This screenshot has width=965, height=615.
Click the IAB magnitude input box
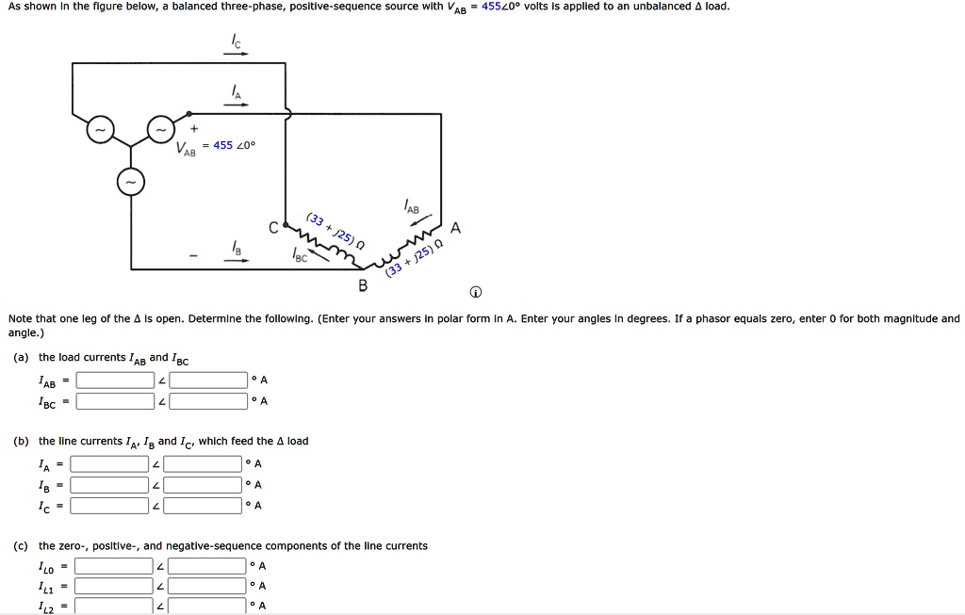(115, 380)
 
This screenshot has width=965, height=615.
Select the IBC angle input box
(208, 402)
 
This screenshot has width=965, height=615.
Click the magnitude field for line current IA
(109, 463)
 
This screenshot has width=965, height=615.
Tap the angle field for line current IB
(203, 485)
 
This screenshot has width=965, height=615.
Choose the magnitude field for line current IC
(109, 506)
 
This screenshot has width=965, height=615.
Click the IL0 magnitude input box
(114, 566)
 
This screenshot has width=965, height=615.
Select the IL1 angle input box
(207, 586)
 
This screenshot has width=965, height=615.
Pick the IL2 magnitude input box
(114, 606)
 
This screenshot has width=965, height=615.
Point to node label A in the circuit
(456, 227)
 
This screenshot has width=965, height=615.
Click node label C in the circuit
(273, 227)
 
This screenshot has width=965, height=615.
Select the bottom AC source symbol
(131, 183)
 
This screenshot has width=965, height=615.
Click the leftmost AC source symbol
(100, 129)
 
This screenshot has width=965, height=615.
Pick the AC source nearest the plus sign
(161, 129)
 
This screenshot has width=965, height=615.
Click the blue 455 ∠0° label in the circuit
(234, 145)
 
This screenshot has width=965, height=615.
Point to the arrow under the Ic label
(236, 54)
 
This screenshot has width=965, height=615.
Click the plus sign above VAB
(194, 128)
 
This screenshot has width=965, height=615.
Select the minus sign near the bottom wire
(194, 253)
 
